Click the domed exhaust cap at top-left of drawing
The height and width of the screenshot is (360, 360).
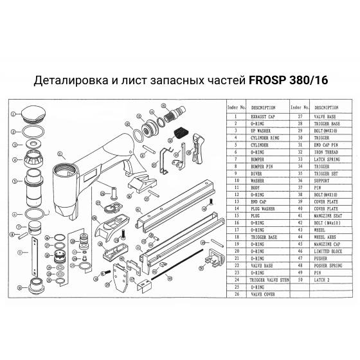click(30, 115)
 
